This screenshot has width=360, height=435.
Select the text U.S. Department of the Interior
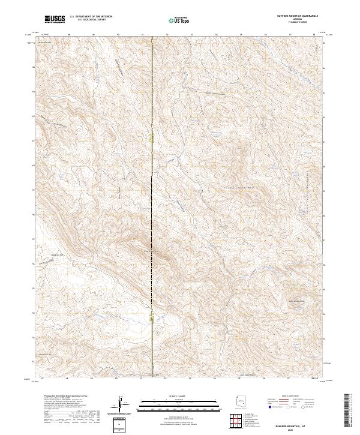91,17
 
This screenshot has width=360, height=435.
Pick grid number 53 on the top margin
191,35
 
